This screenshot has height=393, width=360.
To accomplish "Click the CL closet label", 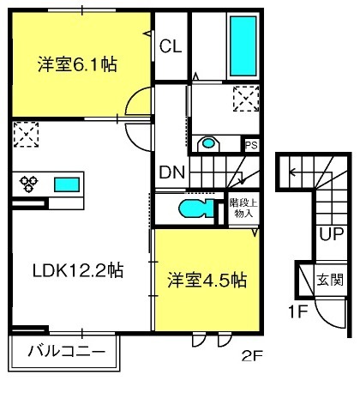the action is (x=171, y=46).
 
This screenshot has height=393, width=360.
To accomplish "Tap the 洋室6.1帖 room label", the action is (x=77, y=64).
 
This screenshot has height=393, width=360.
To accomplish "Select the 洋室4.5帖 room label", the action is (x=207, y=281).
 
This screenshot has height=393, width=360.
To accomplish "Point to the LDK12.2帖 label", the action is (x=78, y=270).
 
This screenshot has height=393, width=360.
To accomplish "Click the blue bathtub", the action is (x=243, y=46).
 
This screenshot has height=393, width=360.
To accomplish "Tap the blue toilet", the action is (x=197, y=209).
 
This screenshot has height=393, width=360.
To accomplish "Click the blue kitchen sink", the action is (x=67, y=184).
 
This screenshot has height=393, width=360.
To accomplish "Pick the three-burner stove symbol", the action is (x=28, y=184).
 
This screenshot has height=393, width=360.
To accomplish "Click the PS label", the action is (x=251, y=145).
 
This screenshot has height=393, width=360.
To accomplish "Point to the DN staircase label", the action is (x=172, y=172).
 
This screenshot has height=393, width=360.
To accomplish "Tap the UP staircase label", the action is (x=331, y=234).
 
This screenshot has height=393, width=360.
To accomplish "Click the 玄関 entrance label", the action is (x=330, y=280).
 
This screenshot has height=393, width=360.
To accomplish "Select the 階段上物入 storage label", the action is (x=243, y=208).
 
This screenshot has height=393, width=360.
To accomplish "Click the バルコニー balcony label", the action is (x=66, y=351).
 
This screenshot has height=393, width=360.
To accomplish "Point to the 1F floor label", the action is (x=298, y=311).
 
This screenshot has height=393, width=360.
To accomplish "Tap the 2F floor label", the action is (x=252, y=356).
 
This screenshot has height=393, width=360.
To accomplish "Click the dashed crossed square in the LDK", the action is (x=26, y=135).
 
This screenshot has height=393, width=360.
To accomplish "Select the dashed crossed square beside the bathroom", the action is (x=246, y=99).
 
